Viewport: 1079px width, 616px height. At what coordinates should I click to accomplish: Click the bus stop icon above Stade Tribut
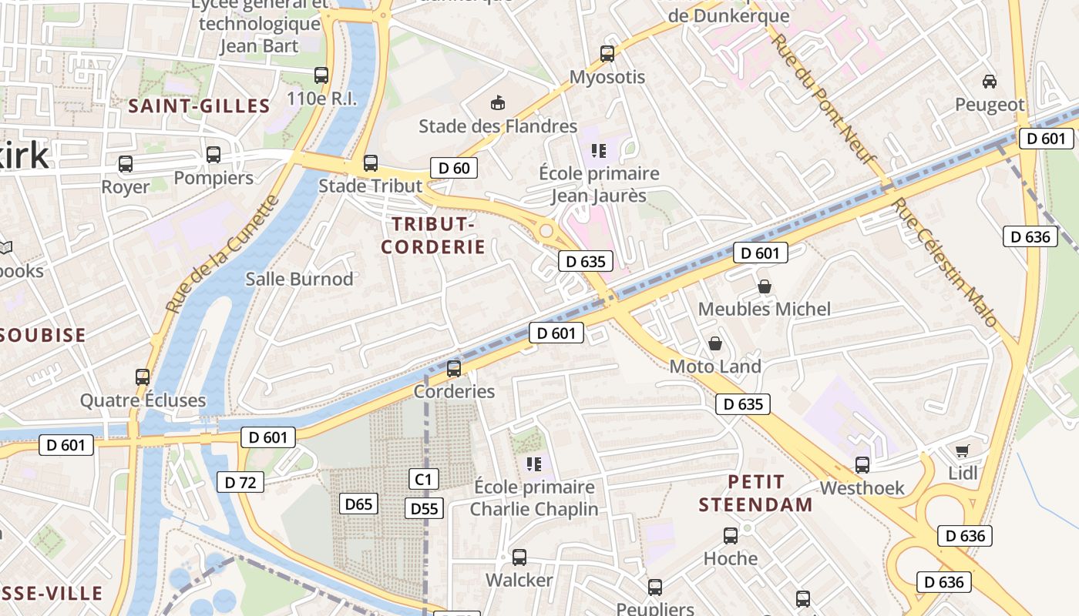coord(371,163)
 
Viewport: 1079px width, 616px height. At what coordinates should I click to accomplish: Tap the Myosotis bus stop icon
coord(607,54)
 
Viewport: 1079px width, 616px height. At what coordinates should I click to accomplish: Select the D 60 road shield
coord(454,168)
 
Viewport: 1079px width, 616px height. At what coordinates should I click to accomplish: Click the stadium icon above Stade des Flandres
coord(498,103)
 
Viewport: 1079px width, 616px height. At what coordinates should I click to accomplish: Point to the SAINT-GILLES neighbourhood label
coord(199,106)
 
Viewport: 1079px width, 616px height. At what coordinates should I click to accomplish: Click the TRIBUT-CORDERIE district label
coord(433,236)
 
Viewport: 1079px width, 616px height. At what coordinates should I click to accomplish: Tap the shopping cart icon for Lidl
coord(962,450)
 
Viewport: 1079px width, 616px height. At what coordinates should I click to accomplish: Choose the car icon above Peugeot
coord(990,82)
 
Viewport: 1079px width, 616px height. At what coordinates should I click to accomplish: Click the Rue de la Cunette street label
coord(222,254)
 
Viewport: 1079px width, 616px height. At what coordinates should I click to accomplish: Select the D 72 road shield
coord(240,483)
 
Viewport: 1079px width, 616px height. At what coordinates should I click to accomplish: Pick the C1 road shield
coord(423,480)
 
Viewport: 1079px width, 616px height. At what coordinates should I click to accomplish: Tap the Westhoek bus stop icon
coord(862,465)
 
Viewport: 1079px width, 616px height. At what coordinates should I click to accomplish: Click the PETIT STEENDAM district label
coord(755,494)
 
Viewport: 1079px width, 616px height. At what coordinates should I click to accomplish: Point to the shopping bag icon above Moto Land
coord(715,343)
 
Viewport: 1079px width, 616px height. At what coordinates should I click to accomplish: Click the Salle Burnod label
coord(299,279)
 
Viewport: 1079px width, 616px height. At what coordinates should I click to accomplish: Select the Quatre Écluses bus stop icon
coord(143,377)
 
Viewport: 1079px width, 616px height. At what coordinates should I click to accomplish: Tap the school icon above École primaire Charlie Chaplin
coord(533,464)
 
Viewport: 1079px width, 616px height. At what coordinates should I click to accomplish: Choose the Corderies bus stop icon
coord(454,369)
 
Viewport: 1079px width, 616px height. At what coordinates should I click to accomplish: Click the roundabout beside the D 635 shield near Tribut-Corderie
coord(546,230)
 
